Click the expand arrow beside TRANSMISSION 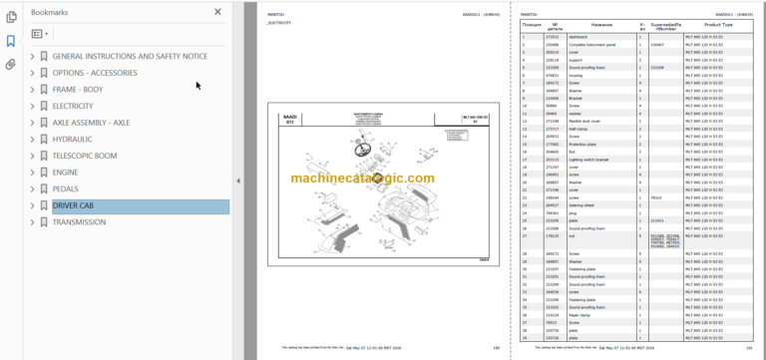(x=32, y=222)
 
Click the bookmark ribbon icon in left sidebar (x=11, y=41)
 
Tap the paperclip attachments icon (x=11, y=64)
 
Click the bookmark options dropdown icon (x=40, y=34)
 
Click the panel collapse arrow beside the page (x=237, y=180)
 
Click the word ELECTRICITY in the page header (x=281, y=21)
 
